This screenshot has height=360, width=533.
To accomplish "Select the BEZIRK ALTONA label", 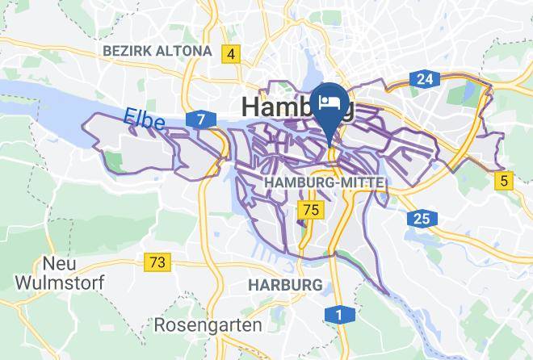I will pyautogui.click(x=157, y=51).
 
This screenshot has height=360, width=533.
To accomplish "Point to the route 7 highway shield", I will pyautogui.click(x=199, y=120).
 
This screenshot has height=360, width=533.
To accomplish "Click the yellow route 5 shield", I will pyautogui.click(x=506, y=181).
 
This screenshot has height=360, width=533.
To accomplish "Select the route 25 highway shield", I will pyautogui.click(x=422, y=218).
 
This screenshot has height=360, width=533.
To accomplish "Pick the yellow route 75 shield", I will pyautogui.click(x=310, y=211).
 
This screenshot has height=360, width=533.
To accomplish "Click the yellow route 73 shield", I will pyautogui.click(x=158, y=262).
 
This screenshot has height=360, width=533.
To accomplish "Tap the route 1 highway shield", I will pyautogui.click(x=338, y=314).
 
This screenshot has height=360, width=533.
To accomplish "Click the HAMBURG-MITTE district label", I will pyautogui.click(x=325, y=183).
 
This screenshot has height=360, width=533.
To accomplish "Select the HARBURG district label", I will pyautogui.click(x=285, y=285).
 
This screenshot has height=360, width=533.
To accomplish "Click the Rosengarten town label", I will pyautogui.click(x=208, y=325).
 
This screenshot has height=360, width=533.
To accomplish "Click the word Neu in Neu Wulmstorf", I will pyautogui.click(x=58, y=264).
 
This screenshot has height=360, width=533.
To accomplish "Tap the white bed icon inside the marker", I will pyautogui.click(x=329, y=101).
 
